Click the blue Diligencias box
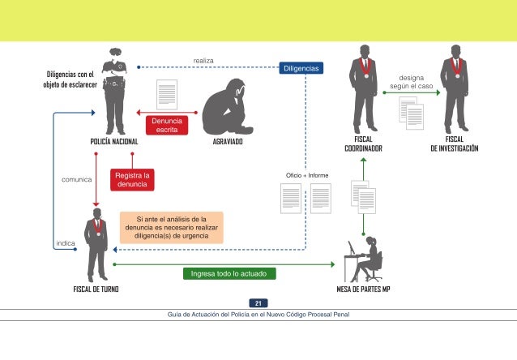301,68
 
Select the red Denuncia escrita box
167,125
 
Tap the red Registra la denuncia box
132,179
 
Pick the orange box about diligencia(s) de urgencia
171,228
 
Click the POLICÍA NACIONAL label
114,141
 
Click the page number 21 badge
258,303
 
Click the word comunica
76,179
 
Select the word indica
66,243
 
